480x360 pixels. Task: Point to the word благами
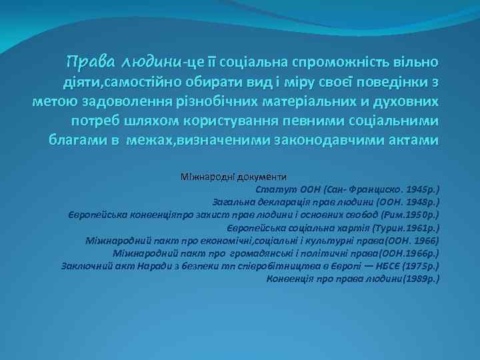77,141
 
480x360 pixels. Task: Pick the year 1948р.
420,201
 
